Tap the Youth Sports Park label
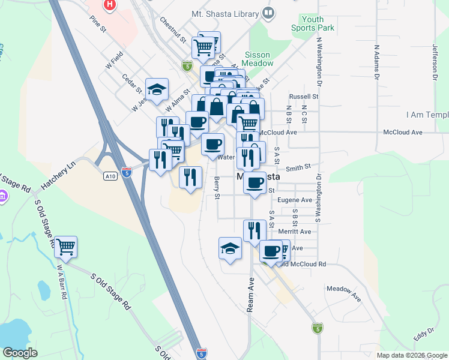pos(312,24)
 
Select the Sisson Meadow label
pos(259,59)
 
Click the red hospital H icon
pos(109,6)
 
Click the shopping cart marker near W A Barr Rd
pos(65,246)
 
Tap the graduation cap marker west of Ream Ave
pos(230,249)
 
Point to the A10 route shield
pos(109,176)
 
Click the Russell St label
pos(303,96)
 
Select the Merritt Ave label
pos(297,232)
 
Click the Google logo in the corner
pos(20,353)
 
